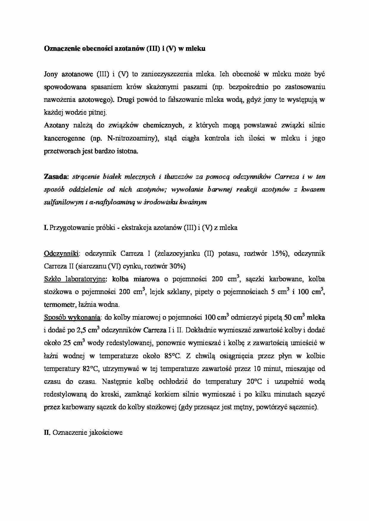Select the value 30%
(177, 266)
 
